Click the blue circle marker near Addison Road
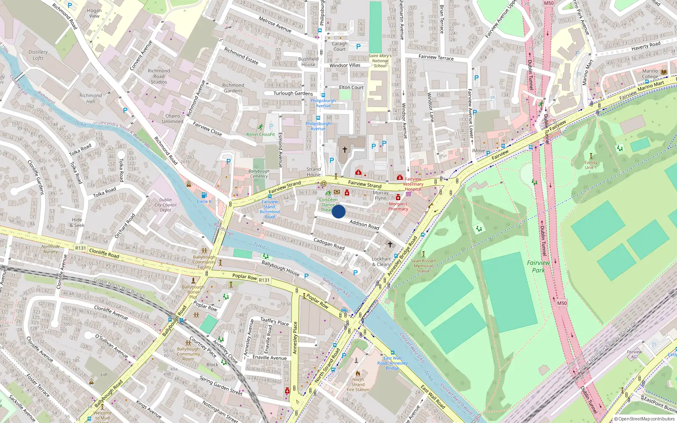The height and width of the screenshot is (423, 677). pos(338,211)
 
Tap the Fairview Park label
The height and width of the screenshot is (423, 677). pos(538,266)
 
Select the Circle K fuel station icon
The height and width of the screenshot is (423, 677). pos(204,195)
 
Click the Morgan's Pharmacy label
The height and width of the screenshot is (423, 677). pos(398,206)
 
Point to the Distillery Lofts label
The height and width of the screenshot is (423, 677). pos(38,55)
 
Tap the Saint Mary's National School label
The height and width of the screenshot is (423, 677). pos(380,60)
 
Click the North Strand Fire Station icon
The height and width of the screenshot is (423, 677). pos(358,374)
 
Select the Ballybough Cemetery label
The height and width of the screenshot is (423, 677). pos(259,173)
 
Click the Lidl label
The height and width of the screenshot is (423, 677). pos(104,374)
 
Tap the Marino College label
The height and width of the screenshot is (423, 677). pos(650,74)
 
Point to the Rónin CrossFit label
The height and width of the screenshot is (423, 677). pos(261,134)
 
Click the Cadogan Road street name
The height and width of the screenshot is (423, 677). pos(329,244)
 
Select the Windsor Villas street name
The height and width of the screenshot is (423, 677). pos(345,65)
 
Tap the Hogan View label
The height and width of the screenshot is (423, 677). pos(94,13)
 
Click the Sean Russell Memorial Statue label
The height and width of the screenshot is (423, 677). pos(423,266)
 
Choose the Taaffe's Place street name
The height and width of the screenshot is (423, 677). pos(274,322)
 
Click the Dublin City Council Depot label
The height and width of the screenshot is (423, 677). pos(165,205)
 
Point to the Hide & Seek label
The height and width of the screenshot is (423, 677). pos(77,222)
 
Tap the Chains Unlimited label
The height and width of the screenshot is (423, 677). pos(173,118)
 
